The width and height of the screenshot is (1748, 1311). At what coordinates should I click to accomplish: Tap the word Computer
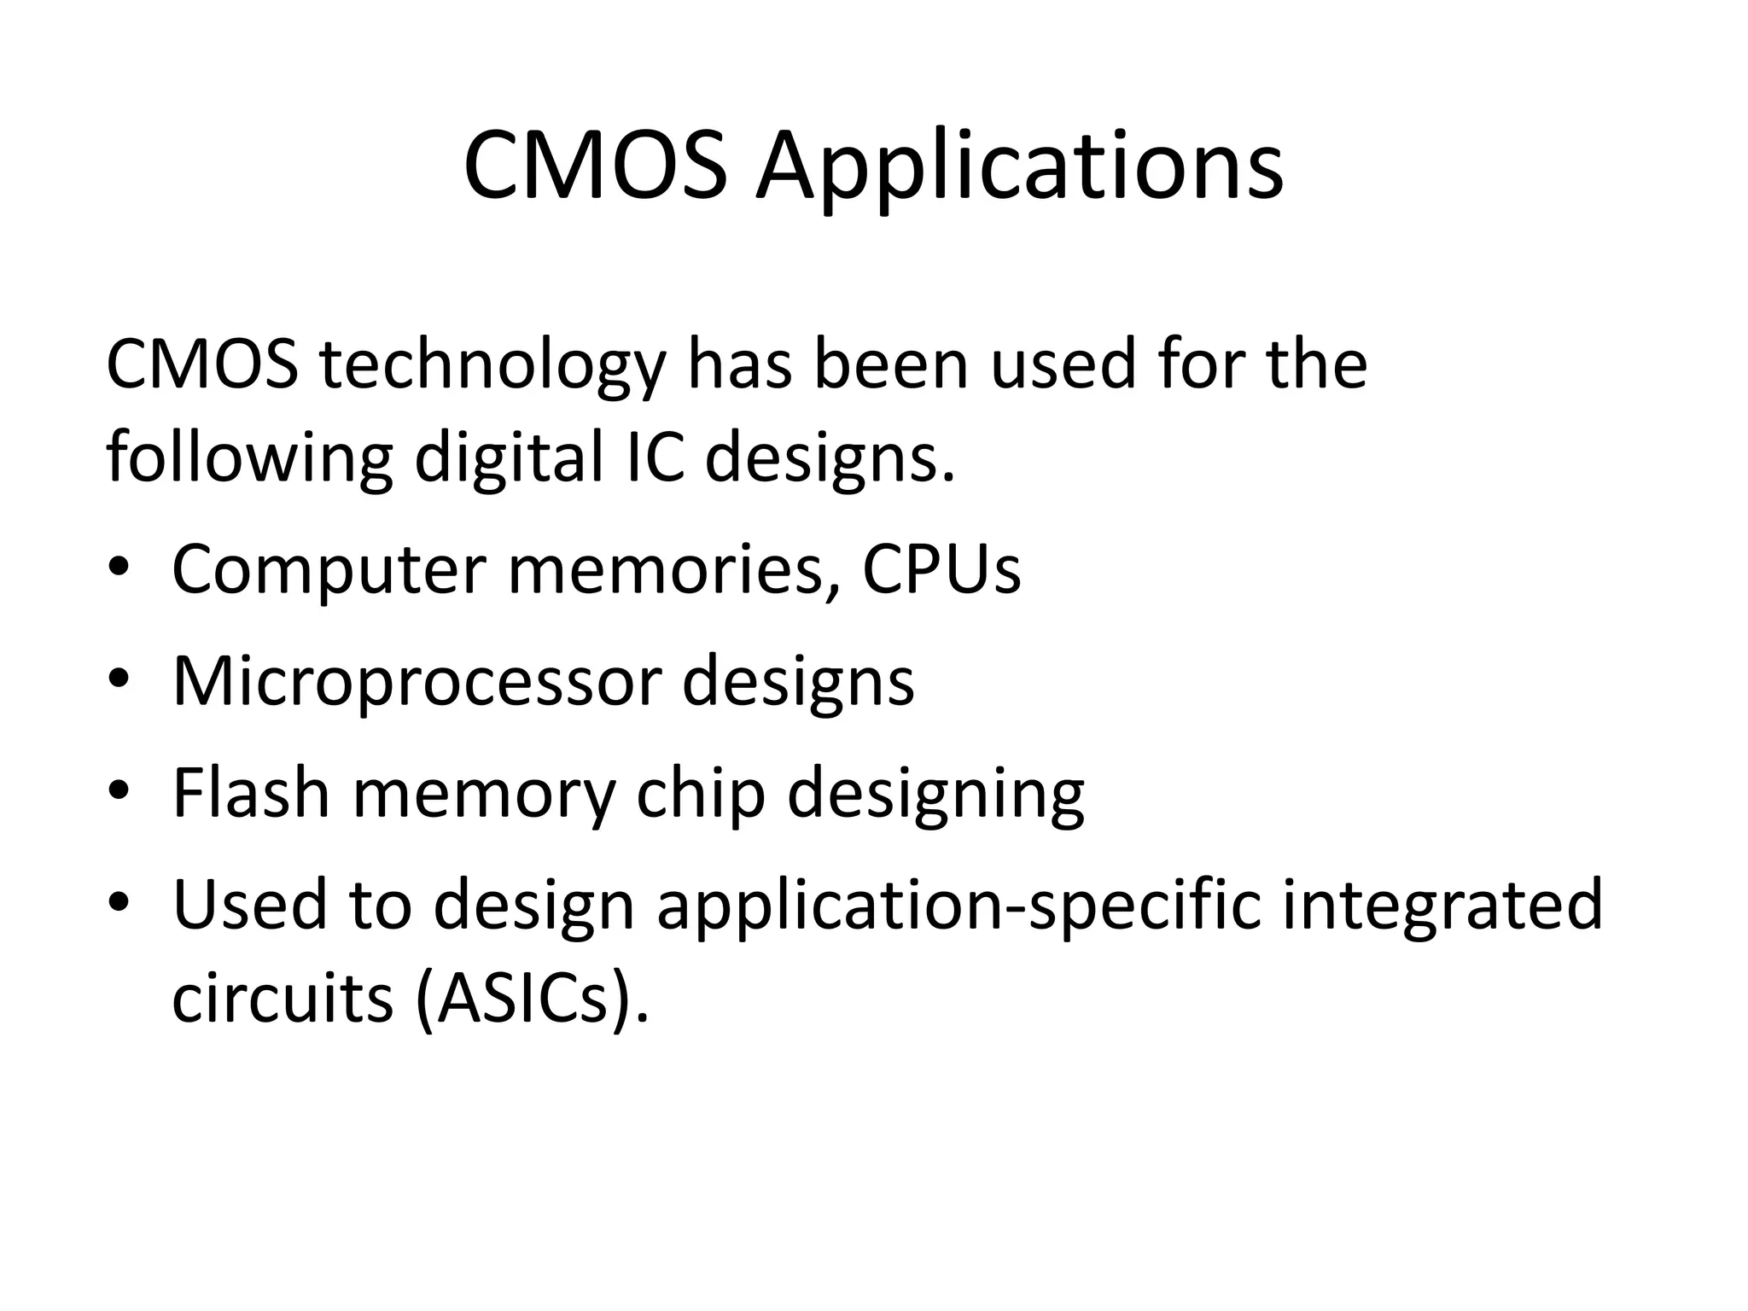click(329, 570)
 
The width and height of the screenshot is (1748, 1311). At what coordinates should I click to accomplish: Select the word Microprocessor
click(417, 682)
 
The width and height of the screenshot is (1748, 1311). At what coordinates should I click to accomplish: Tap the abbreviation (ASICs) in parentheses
click(531, 999)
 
